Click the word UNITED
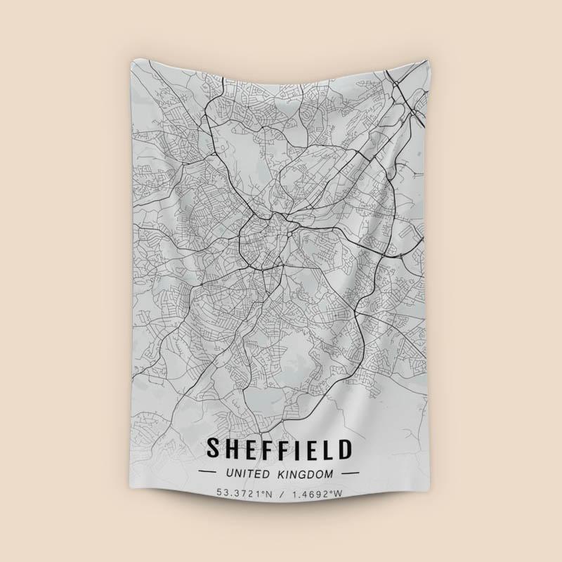(247, 473)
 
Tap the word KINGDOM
(306, 473)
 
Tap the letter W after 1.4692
(339, 493)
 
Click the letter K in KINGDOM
(280, 473)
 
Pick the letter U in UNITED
(228, 473)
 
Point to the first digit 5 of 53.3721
(220, 493)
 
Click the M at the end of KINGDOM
(330, 473)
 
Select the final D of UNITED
(266, 473)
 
